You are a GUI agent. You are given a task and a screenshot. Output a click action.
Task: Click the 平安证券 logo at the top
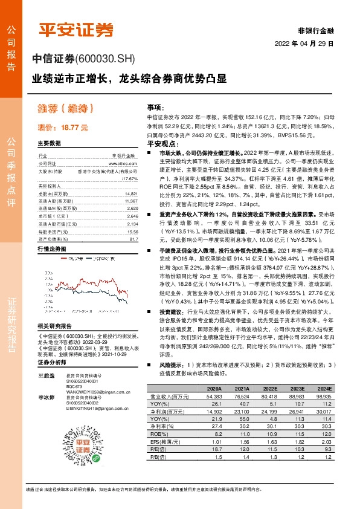76,30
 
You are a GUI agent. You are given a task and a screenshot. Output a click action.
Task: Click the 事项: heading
156,107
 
